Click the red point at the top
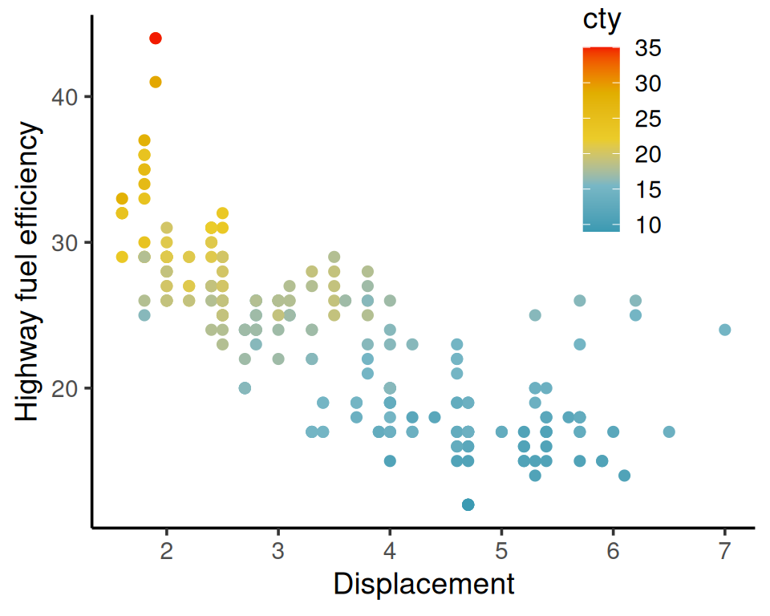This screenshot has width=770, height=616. click(156, 38)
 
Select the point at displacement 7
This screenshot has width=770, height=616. click(724, 330)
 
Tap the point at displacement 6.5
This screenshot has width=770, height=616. click(669, 432)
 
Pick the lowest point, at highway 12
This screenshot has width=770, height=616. click(468, 505)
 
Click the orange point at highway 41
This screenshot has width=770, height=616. click(156, 82)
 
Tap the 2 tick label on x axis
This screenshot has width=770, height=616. click(167, 552)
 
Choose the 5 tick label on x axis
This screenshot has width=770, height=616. click(501, 552)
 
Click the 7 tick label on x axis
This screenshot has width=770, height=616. click(724, 552)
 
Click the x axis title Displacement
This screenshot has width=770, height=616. click(423, 585)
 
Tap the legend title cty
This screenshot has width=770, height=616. click(602, 20)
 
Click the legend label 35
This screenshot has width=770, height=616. click(648, 49)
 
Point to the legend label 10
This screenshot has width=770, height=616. click(648, 226)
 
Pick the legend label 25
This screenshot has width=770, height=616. click(648, 120)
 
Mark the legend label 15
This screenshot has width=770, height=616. click(648, 190)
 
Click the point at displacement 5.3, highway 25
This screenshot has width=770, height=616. click(535, 315)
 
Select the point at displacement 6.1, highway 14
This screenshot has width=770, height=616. click(624, 476)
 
